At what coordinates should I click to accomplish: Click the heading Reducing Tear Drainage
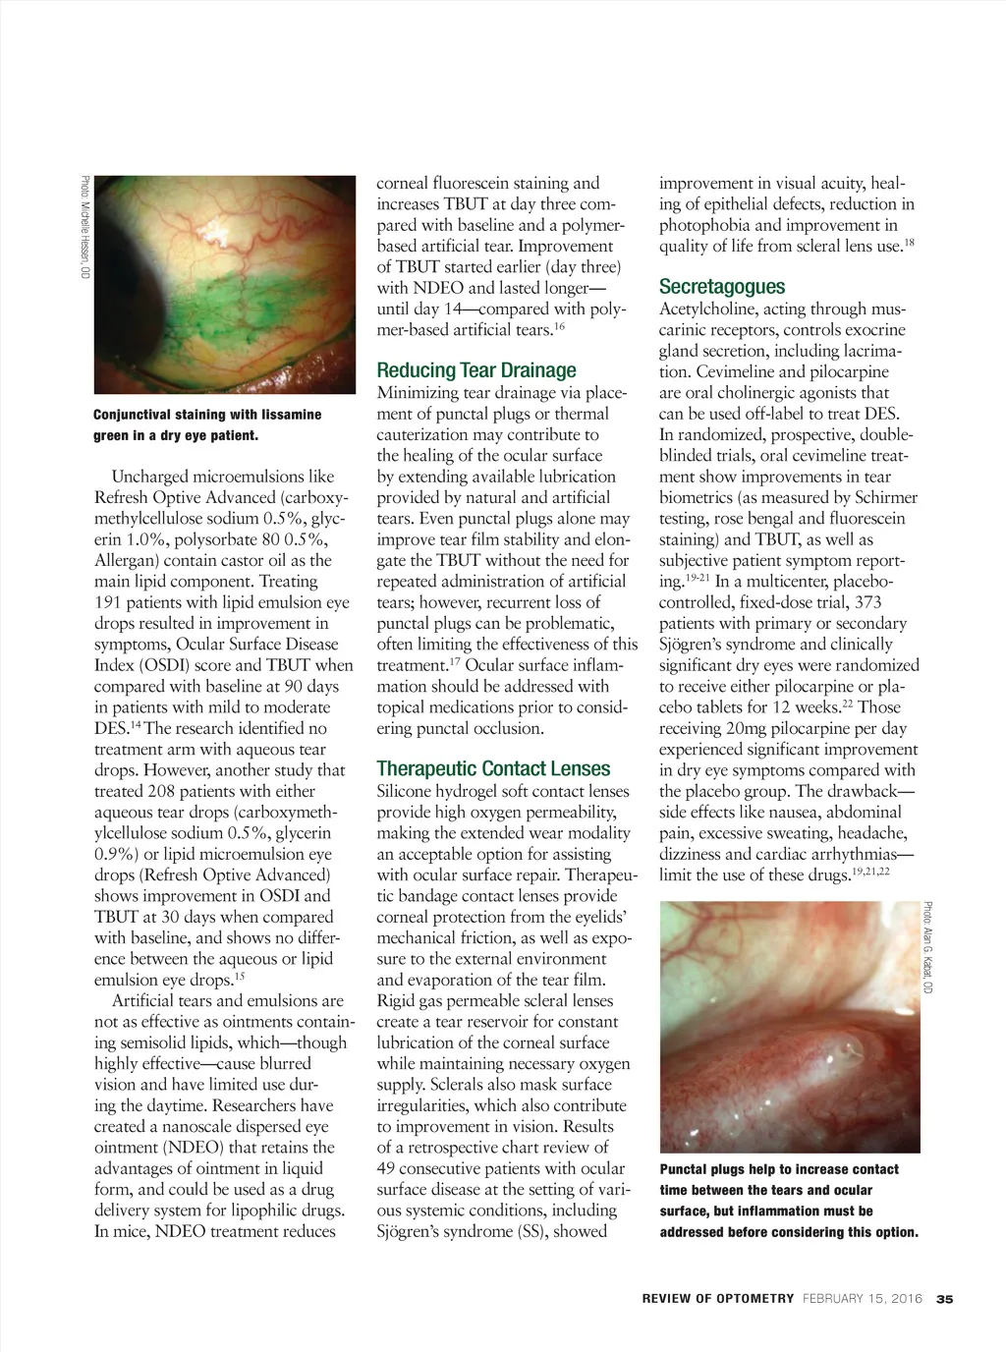[x=476, y=370]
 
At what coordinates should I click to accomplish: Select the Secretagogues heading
[x=722, y=287]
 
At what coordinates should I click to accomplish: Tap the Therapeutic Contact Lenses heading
[x=493, y=769]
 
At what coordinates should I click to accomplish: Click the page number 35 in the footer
[x=945, y=1299]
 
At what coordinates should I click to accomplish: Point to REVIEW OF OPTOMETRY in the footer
[x=718, y=1299]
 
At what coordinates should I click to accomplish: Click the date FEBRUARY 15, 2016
[x=863, y=1299]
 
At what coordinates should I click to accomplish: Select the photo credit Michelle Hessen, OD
[x=85, y=226]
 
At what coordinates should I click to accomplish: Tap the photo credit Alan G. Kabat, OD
[x=928, y=946]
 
